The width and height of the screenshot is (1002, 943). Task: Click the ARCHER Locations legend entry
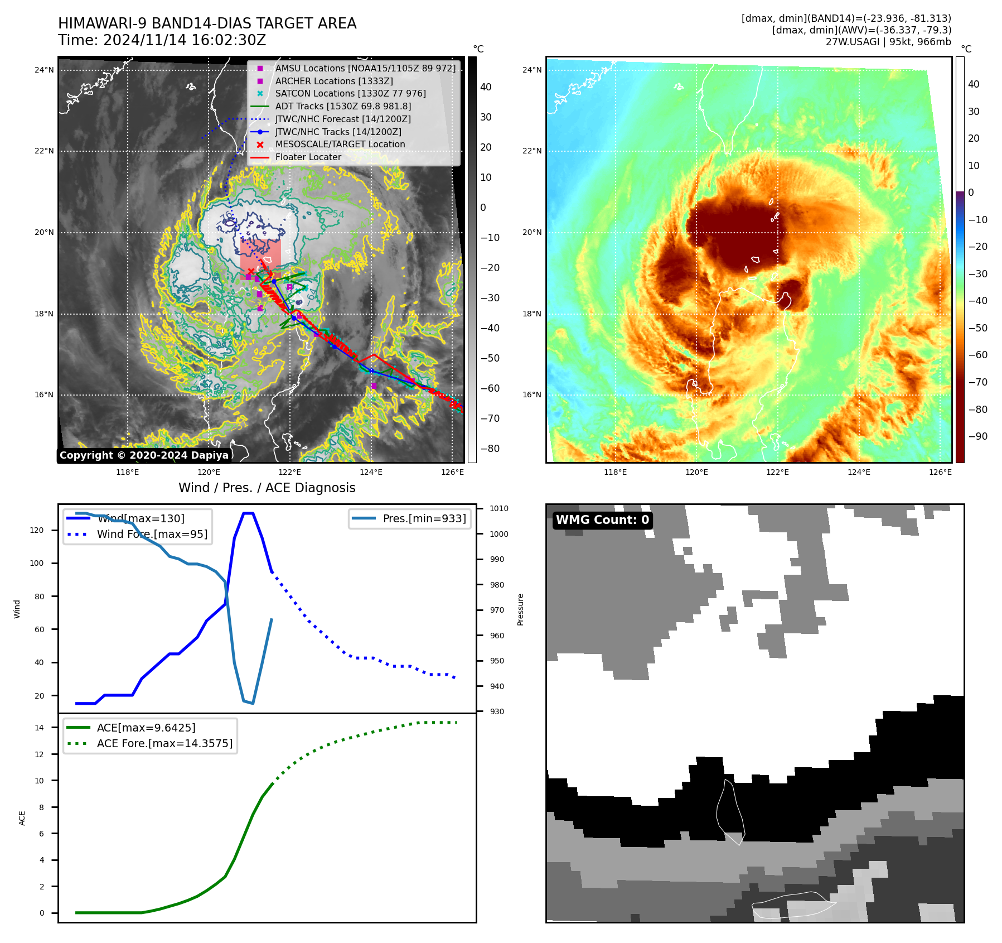point(333,81)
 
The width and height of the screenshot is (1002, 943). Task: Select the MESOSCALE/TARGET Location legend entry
point(340,144)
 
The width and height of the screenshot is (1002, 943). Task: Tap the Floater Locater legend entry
point(308,157)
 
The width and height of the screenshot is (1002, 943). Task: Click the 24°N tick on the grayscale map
point(44,70)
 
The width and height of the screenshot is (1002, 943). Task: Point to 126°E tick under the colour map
point(940,472)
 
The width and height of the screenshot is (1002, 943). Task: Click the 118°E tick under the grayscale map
point(127,472)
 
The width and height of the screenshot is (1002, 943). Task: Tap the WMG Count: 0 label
point(602,520)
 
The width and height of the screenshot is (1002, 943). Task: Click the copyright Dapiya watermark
point(144,455)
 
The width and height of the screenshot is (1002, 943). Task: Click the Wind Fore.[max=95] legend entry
point(152,534)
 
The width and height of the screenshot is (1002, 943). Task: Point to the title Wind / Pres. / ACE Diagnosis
point(267,488)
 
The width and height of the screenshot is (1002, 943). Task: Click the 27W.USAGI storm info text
point(888,42)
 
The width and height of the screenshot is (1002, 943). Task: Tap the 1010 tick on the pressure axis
point(498,508)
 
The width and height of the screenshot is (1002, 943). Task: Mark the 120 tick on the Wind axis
point(37,530)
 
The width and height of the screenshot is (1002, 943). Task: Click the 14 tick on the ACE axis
point(40,727)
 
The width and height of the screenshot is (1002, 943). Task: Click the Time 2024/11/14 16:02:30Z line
point(162,40)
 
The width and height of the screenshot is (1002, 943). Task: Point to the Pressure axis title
point(520,609)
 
